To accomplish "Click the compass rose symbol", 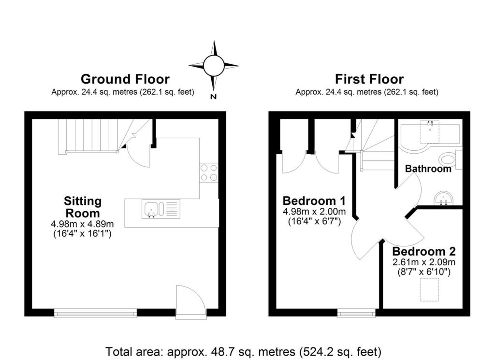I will click(x=213, y=65).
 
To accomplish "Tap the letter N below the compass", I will click(x=213, y=97).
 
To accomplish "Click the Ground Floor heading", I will click(x=125, y=79).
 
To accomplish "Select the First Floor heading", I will click(x=369, y=79).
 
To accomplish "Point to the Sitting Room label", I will click(x=82, y=207).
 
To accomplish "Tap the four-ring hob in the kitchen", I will click(x=209, y=173).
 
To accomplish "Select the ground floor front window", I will click(x=95, y=313).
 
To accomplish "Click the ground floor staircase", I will click(x=89, y=136).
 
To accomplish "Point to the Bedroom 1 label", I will click(x=314, y=201).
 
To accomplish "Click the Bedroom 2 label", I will click(x=423, y=252).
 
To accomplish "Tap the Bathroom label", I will click(x=428, y=169).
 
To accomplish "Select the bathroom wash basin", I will click(x=443, y=198).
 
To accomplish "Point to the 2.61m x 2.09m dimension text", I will click(x=423, y=262).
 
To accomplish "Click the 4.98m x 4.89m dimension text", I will click(x=82, y=224).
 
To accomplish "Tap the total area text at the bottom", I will click(x=244, y=350).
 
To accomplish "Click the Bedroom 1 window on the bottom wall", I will click(x=356, y=313).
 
